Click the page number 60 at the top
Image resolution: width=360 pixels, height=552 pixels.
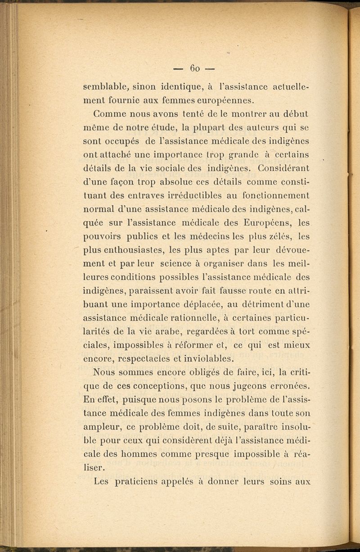[x=195, y=68]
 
